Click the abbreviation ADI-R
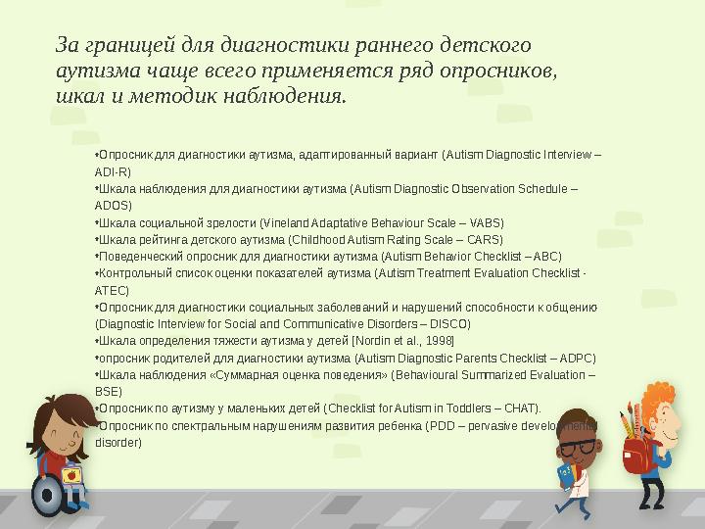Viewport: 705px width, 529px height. [x=112, y=171]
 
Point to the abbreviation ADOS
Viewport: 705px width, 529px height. [x=113, y=205]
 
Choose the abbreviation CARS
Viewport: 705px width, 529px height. [x=485, y=239]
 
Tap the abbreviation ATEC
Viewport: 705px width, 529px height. [x=111, y=290]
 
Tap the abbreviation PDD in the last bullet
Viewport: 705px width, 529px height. [x=441, y=425]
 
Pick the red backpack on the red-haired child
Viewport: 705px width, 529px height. [x=636, y=453]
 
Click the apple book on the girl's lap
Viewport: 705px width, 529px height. [x=70, y=475]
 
